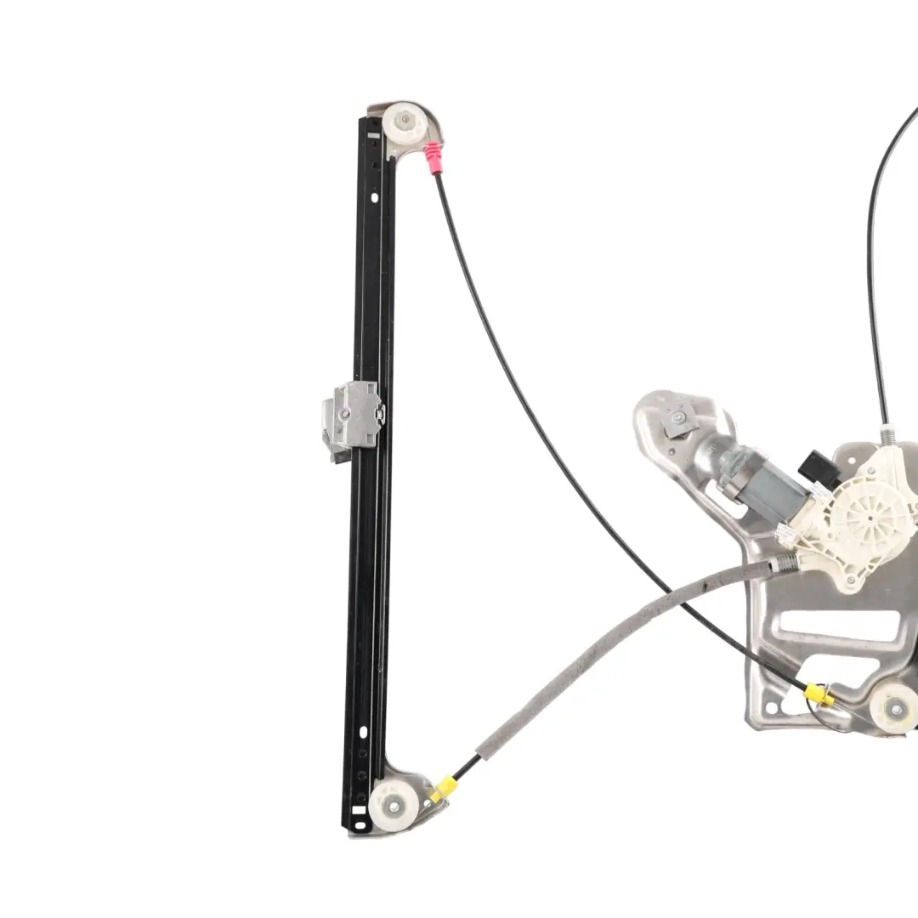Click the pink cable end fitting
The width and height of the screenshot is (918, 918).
pyautogui.click(x=433, y=157)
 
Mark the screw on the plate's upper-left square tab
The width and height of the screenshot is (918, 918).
pyautogui.click(x=677, y=419)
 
